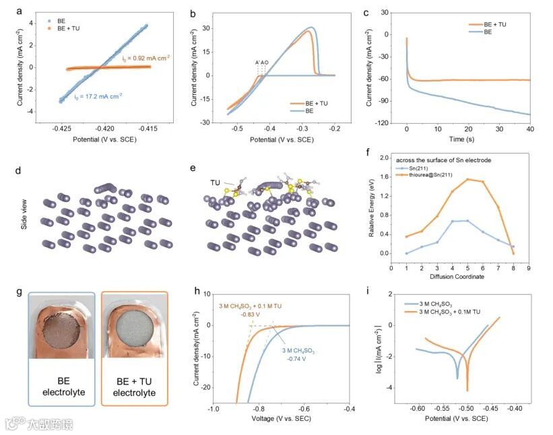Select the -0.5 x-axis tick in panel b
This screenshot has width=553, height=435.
(x=236, y=127)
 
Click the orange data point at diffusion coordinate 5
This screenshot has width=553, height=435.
(x=467, y=179)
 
